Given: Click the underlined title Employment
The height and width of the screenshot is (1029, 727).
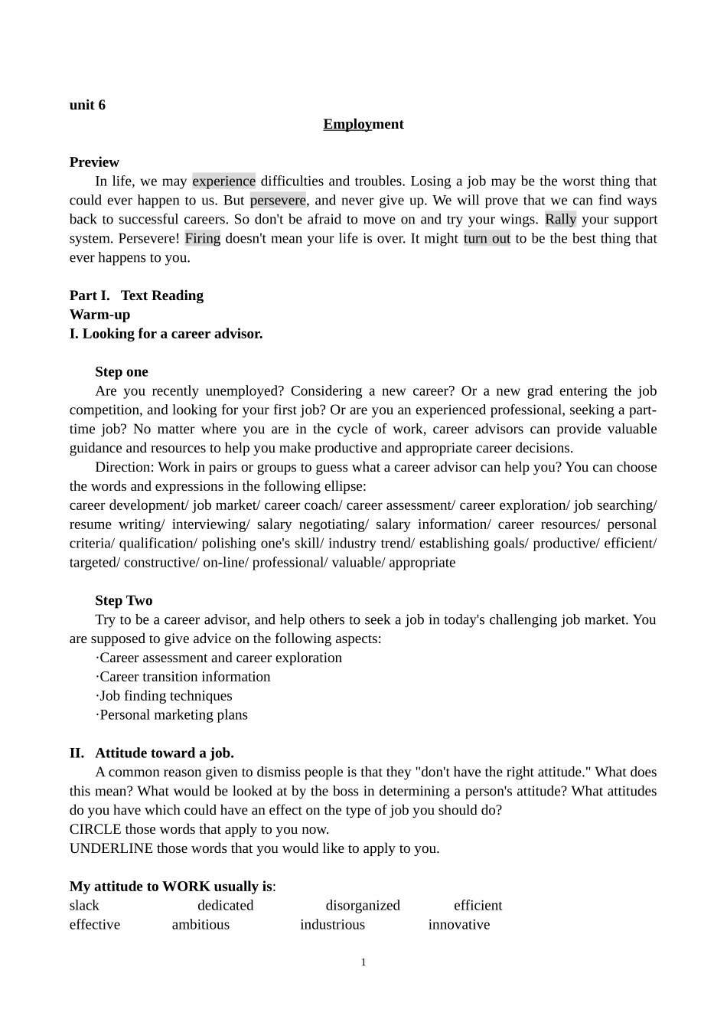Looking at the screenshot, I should coord(363,124).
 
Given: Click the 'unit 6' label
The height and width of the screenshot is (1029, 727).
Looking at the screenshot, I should coord(87,105).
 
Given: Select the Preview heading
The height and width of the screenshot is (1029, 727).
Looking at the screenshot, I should coord(94,162).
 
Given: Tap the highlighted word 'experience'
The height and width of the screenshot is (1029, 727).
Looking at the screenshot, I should coord(223,181).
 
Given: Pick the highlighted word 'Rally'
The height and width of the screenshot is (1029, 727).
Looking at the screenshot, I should coord(560,220).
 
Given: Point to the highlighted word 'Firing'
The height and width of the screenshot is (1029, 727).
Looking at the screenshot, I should coord(203,238).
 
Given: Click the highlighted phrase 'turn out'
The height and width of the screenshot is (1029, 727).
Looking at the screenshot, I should coord(487,238).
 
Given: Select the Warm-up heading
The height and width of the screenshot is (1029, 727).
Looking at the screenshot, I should coord(99,315).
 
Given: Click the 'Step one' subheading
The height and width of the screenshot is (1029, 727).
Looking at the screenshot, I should coord(122,372).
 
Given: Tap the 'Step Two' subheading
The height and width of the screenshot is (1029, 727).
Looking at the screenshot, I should coord(124,601).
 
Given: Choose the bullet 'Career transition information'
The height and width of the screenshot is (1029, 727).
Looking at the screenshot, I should coord(184,677).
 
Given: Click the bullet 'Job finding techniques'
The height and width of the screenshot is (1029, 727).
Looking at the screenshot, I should coord(165,696).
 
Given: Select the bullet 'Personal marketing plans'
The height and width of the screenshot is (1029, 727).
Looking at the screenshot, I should coord(173,715).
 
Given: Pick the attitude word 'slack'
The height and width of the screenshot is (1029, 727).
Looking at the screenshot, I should coord(84,906).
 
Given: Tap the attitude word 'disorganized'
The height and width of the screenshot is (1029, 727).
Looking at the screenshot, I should coord(363,906).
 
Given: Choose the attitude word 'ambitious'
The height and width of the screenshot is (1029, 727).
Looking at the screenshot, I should coord(200,925).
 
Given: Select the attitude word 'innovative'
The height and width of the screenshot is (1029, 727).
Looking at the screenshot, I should coord(459,925).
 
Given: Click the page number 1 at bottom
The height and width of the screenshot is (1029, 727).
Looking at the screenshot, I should coord(363,962).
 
